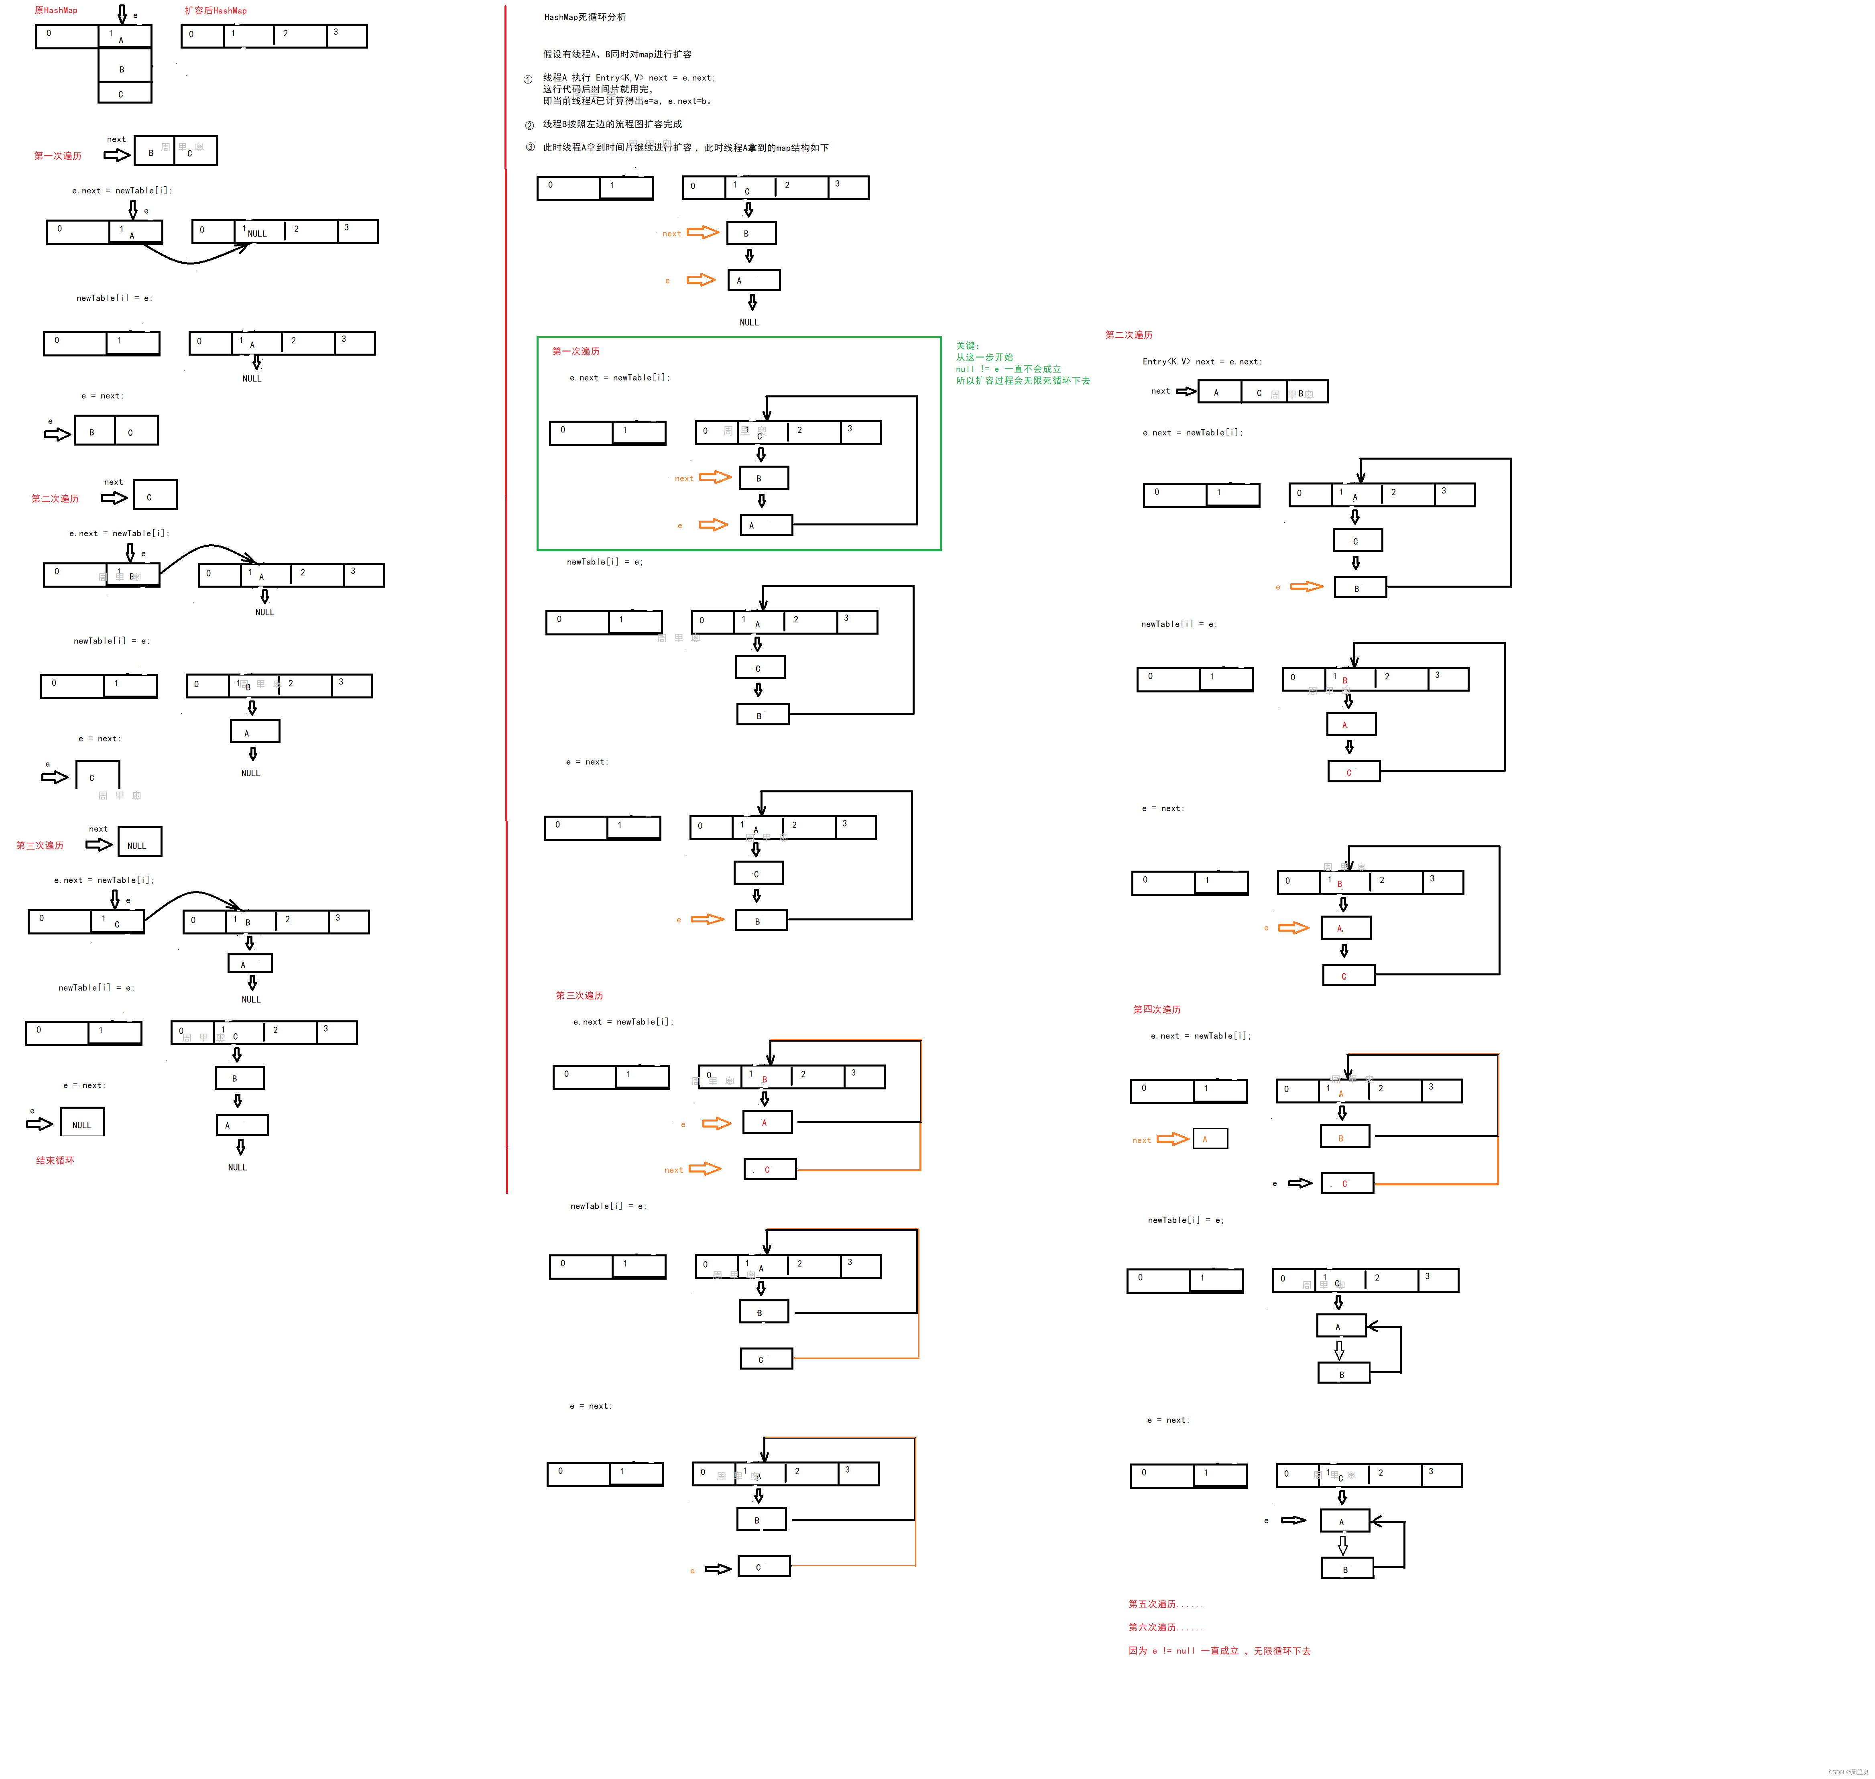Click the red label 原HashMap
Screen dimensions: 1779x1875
(56, 10)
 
